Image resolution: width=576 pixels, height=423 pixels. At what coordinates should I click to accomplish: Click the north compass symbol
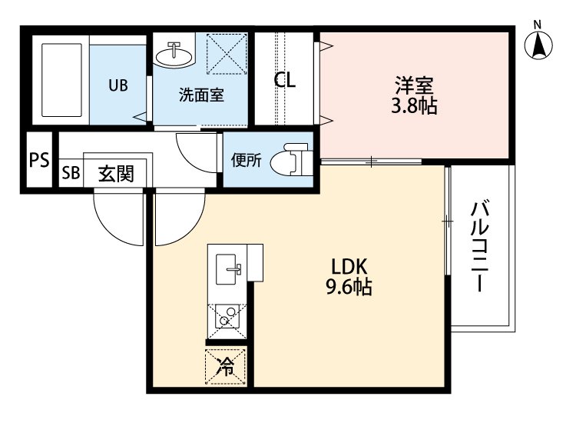pos(540,44)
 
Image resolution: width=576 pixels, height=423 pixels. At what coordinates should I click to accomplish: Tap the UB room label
pos(118,85)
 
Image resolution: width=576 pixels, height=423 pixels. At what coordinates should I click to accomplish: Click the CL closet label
pos(285,79)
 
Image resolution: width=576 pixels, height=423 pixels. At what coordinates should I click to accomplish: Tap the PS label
pos(39,160)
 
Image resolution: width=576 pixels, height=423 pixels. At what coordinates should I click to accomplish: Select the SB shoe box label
pos(70,174)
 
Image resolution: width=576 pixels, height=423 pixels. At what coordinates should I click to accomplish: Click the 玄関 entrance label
pos(116,174)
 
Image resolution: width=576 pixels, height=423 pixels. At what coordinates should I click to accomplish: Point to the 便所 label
pos(247,160)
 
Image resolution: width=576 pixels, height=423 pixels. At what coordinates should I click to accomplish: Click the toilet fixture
pos(293,159)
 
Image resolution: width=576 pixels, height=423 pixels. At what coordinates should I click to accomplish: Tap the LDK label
pos(351,267)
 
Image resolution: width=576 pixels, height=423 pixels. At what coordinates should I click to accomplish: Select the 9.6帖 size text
pos(351,288)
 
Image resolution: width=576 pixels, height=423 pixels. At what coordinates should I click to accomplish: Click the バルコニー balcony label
pos(480,246)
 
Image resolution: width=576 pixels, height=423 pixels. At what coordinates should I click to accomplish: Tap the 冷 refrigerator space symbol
pos(227,367)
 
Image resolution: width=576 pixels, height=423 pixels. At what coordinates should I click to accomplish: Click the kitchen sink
pos(230,271)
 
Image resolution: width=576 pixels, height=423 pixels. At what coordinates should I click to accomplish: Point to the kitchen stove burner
pos(225,315)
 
